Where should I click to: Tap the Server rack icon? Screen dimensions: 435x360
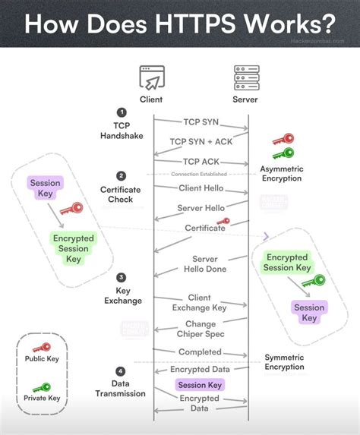click(x=245, y=77)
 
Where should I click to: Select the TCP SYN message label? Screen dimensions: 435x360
click(x=201, y=121)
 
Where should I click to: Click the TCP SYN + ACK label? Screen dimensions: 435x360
click(x=201, y=141)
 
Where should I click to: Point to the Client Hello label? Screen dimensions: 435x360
click(x=201, y=188)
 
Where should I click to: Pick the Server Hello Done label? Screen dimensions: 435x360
click(x=200, y=264)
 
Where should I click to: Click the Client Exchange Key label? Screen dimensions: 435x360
click(x=200, y=302)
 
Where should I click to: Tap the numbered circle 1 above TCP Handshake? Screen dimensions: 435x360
click(x=121, y=112)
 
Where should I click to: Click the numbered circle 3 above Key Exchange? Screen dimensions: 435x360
click(x=122, y=277)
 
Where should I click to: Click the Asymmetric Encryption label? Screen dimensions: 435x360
click(x=280, y=173)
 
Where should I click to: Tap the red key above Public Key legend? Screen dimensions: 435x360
click(x=42, y=348)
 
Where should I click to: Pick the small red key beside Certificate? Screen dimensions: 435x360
click(x=223, y=222)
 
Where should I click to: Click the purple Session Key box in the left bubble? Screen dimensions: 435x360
click(x=45, y=188)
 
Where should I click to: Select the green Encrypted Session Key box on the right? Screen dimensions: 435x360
click(x=288, y=263)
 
